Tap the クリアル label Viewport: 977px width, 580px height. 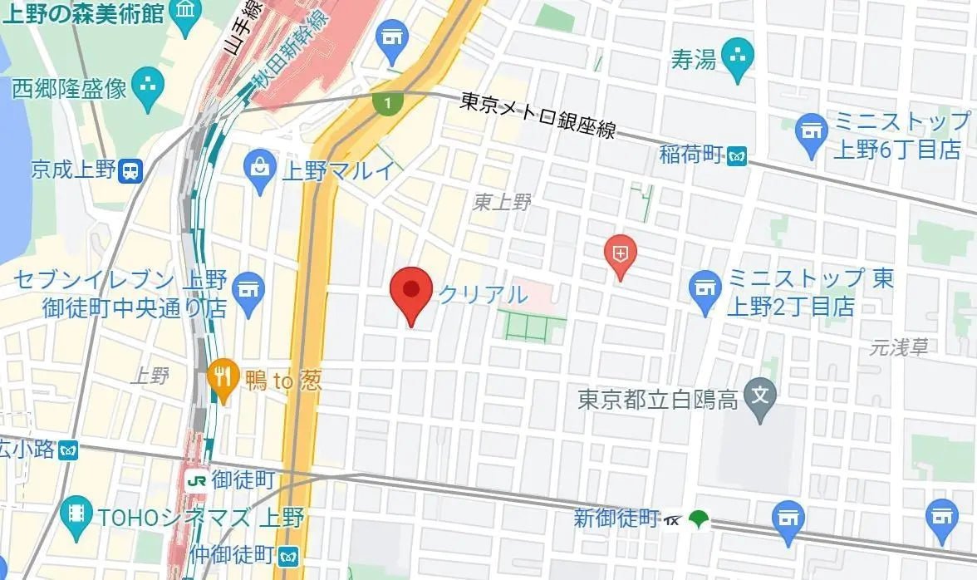pos(483,294)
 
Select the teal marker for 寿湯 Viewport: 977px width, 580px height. pos(736,59)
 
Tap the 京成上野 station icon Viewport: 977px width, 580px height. pos(130,170)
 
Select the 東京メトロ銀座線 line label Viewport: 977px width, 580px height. pos(538,115)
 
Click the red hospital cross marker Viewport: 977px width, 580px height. pos(620,252)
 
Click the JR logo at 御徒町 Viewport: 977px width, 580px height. pos(197,479)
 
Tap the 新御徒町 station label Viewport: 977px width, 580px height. pos(616,519)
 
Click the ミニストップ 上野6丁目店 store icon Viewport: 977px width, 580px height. pos(809,133)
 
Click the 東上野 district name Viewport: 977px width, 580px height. pos(501,202)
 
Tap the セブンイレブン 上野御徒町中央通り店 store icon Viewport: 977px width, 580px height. pos(246,292)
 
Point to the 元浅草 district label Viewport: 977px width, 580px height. pos(899,348)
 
